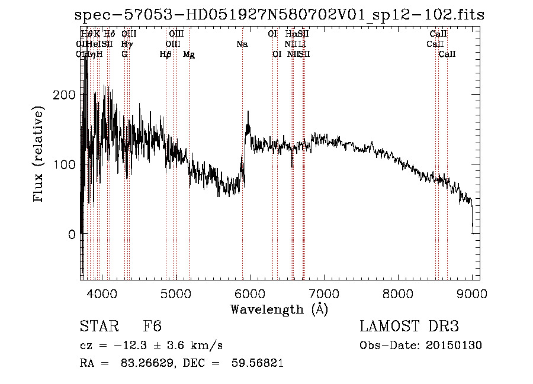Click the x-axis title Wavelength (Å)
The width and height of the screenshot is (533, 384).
coord(279,309)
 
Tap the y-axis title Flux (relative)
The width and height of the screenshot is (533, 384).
coord(40,155)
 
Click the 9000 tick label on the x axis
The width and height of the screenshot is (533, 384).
coord(472,293)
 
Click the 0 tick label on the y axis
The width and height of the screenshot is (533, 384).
coord(72,234)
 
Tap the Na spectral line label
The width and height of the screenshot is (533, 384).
coord(242,44)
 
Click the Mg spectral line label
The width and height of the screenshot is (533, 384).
coord(189,54)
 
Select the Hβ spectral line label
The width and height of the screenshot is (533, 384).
coord(166,54)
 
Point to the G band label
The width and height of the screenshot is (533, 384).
coord(124,54)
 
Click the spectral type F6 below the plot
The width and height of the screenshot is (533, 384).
coord(152,327)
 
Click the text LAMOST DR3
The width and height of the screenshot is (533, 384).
coord(409,327)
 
